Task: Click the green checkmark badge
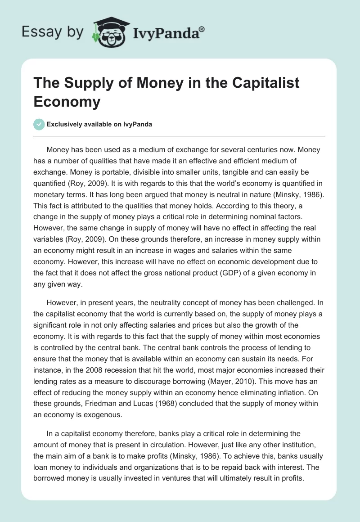(x=39, y=124)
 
